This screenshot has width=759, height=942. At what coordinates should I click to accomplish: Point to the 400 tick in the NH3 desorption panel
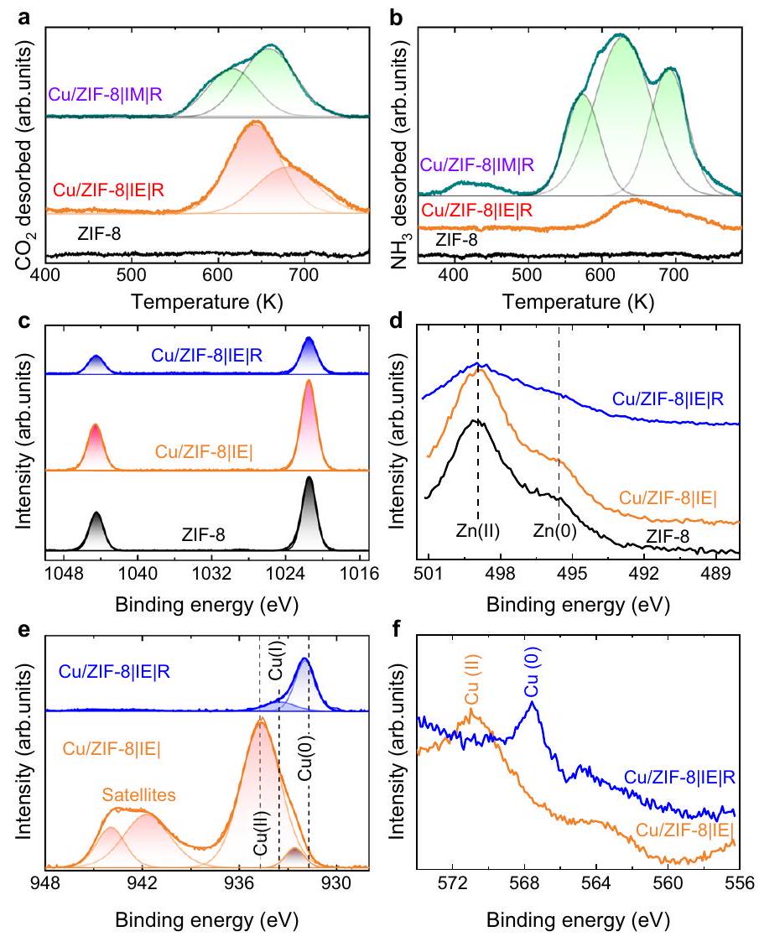(x=455, y=273)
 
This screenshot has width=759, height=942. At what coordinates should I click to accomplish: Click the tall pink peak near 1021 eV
(x=308, y=419)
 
